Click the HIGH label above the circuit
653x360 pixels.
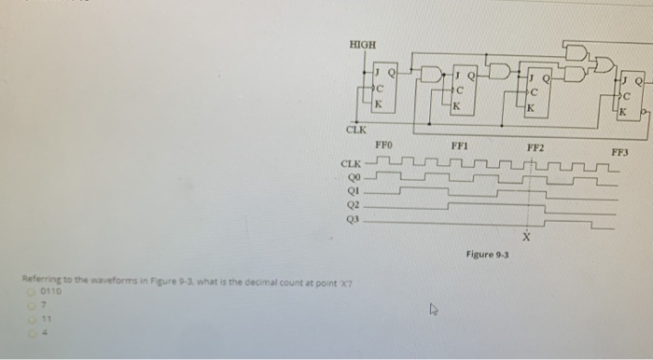[x=360, y=45]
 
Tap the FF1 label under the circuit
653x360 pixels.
[x=459, y=145]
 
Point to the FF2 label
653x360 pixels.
[x=535, y=147]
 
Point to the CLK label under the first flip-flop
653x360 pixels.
[x=356, y=130]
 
